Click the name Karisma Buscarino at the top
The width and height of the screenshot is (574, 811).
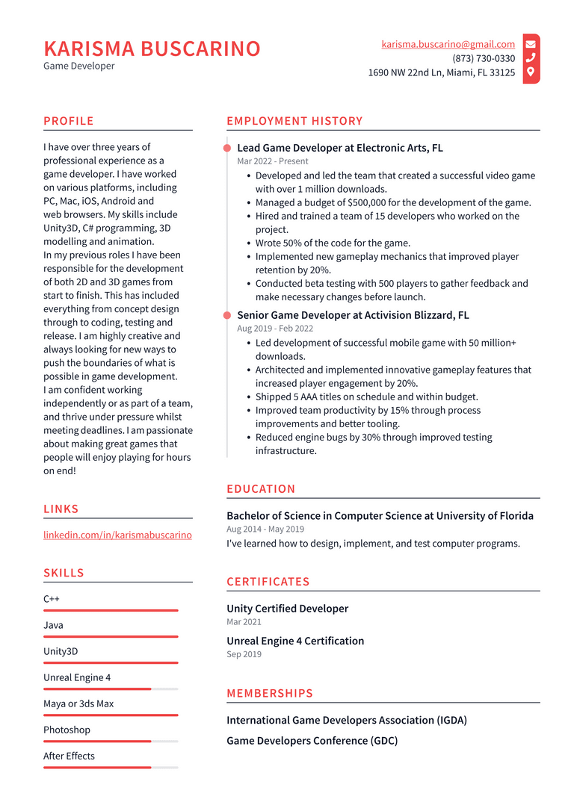(152, 49)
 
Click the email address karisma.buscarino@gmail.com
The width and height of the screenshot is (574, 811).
(448, 44)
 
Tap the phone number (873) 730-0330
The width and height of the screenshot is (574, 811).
(483, 58)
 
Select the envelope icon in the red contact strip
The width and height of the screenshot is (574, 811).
(531, 44)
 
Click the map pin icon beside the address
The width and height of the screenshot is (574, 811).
(531, 72)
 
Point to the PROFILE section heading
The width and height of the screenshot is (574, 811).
(69, 121)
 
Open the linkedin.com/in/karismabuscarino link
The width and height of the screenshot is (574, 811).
(117, 535)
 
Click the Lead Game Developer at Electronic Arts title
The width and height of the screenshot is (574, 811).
(339, 148)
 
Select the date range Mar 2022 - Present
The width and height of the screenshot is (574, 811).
(272, 161)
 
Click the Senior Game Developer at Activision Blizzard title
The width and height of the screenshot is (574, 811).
(353, 315)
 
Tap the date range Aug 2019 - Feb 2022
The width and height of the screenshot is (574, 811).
(275, 329)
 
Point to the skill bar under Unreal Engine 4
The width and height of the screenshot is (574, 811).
(111, 689)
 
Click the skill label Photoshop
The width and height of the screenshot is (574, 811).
(67, 730)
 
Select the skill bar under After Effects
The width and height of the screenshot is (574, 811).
(111, 767)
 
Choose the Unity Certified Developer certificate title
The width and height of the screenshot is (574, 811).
(287, 609)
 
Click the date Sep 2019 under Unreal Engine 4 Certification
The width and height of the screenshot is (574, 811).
(244, 654)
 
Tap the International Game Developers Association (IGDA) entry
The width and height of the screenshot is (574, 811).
(346, 721)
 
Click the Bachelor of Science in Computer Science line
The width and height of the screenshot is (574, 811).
(380, 516)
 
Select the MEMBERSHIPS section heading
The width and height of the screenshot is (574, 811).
(270, 693)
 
